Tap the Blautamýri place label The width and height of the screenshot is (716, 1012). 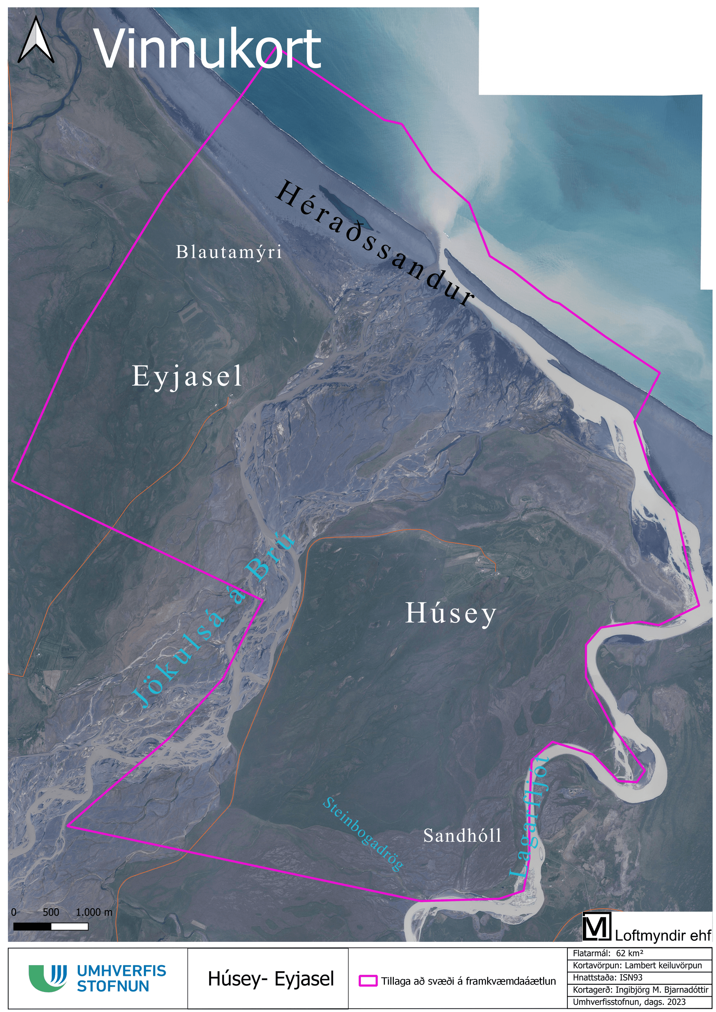[x=228, y=253]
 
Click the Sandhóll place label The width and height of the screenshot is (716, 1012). [x=462, y=835]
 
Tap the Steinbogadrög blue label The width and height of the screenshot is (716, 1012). [x=363, y=834]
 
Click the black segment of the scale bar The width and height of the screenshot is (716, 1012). [x=32, y=927]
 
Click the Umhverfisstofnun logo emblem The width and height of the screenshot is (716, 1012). [x=48, y=978]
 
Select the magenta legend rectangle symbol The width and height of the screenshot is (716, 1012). [x=368, y=980]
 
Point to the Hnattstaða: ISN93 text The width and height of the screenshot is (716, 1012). [x=608, y=977]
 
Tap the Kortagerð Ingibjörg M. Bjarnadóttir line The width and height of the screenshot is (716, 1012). [x=640, y=989]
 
